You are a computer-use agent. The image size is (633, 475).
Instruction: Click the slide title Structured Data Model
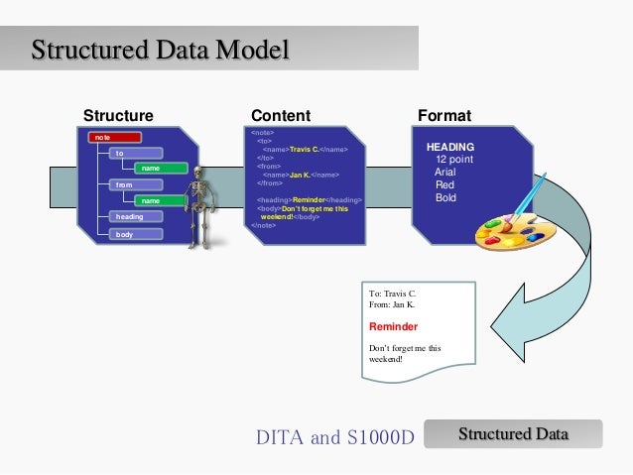[x=160, y=49]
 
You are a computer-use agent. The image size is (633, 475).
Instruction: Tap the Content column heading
[x=281, y=116]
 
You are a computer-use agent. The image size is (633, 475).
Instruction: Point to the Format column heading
[x=444, y=116]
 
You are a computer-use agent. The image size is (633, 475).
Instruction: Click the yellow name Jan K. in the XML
[x=301, y=175]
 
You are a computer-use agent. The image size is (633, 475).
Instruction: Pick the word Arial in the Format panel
[x=446, y=172]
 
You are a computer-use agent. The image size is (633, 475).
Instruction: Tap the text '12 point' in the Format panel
[x=454, y=159]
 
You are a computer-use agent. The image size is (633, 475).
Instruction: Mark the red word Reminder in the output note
[x=393, y=326]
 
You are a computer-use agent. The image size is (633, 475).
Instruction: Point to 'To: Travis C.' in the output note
[x=393, y=295]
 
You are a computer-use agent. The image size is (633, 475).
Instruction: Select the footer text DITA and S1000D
[x=334, y=437]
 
